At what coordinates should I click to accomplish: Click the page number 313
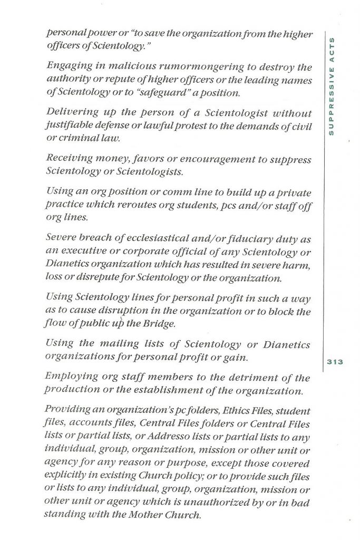click(335, 362)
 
